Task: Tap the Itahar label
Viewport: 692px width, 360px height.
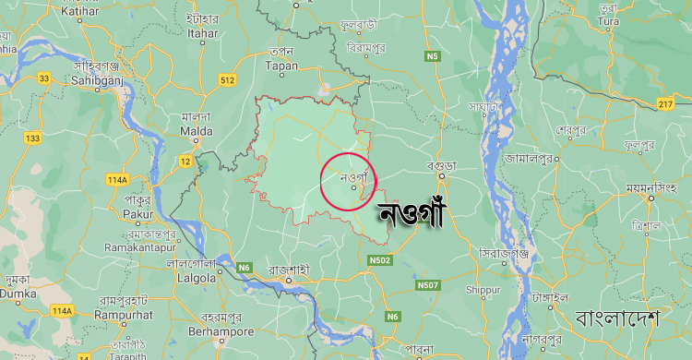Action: click(201, 32)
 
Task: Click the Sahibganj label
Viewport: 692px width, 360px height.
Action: click(91, 79)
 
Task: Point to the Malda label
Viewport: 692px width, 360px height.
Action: click(196, 131)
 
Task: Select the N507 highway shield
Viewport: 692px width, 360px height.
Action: click(428, 284)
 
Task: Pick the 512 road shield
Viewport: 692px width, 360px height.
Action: click(227, 80)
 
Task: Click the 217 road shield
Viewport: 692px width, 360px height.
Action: click(665, 103)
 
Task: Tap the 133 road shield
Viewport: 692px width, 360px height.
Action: click(33, 138)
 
